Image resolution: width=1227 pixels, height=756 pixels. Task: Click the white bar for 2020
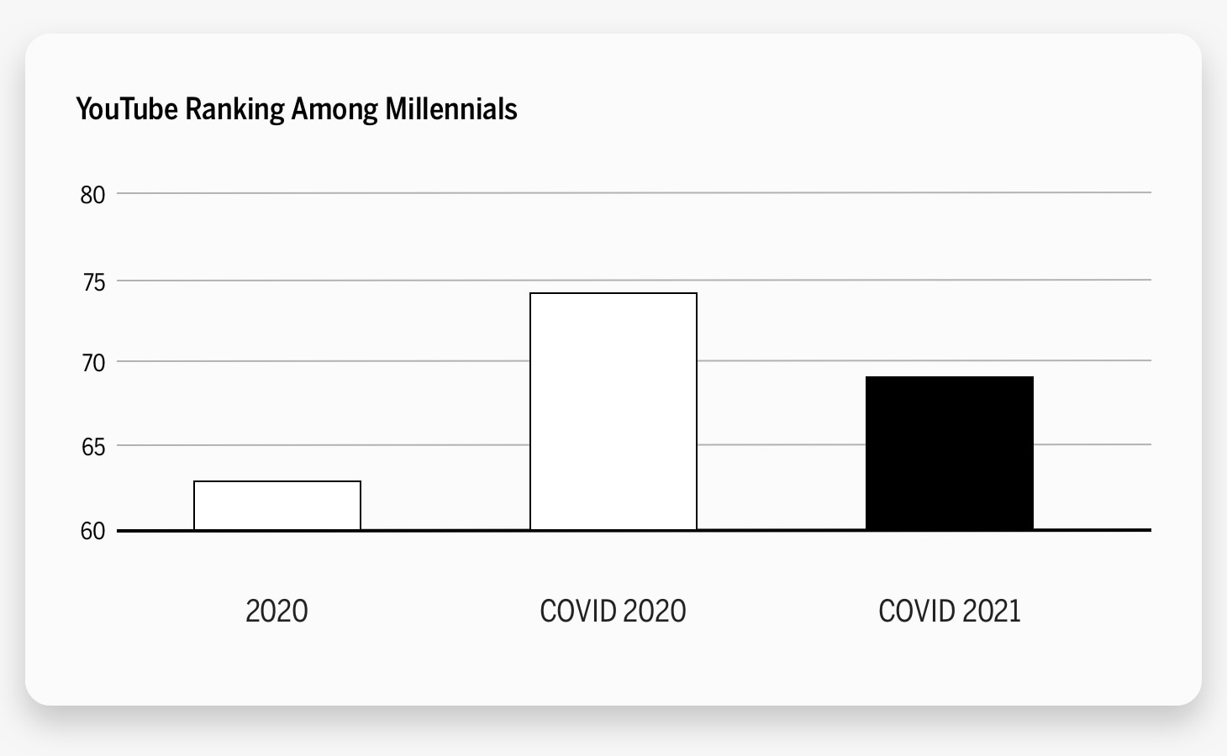277,506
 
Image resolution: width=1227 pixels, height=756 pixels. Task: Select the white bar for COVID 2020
613,412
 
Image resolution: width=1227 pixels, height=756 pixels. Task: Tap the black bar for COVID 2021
950,454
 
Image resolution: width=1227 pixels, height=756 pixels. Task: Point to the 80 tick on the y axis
92,195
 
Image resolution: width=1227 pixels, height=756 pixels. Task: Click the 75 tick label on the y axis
92,281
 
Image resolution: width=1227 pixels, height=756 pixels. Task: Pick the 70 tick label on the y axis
92,363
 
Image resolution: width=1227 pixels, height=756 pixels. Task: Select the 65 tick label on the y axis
92,446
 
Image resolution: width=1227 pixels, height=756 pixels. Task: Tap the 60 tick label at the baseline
92,531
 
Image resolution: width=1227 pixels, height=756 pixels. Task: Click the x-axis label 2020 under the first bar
276,611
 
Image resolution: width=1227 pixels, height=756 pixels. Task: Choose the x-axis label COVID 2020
613,611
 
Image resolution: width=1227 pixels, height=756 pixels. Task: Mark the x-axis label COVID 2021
949,611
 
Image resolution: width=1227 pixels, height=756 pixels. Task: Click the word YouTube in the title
127,109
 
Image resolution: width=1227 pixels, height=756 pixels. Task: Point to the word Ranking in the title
234,110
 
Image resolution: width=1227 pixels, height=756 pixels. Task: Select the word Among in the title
334,109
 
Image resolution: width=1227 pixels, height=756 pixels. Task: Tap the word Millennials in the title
450,109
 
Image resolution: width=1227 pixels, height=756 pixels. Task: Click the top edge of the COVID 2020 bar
613,293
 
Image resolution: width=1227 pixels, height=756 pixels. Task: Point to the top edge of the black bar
950,377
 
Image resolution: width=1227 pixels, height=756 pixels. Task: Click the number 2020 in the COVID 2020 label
655,611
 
